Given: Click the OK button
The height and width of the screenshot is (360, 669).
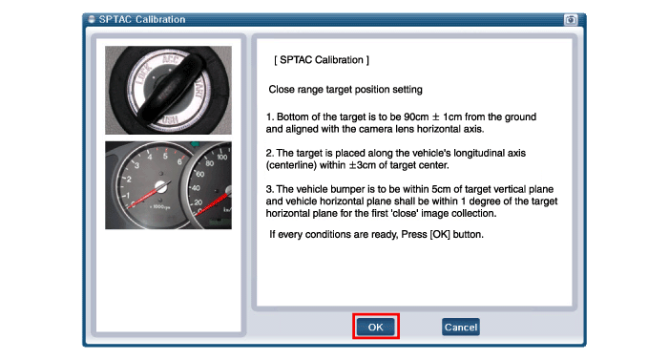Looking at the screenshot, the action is coord(375,327).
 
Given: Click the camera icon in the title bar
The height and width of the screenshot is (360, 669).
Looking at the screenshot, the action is coord(571,20).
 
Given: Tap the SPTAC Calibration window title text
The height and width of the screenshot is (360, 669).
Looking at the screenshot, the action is coord(142,19).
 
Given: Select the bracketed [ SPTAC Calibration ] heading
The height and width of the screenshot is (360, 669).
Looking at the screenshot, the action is coord(322,60).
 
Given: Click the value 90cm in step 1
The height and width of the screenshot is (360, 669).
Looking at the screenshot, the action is coord(416,117).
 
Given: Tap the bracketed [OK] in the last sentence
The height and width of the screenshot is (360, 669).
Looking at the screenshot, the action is coord(440,235).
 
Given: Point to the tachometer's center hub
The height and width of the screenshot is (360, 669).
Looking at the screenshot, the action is coord(161,186).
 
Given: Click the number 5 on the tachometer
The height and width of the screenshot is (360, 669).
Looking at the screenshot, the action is coord(165,157).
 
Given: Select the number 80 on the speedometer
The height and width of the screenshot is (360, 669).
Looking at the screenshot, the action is coord(210,163).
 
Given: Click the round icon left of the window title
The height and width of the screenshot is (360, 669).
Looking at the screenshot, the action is coord(92,19).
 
